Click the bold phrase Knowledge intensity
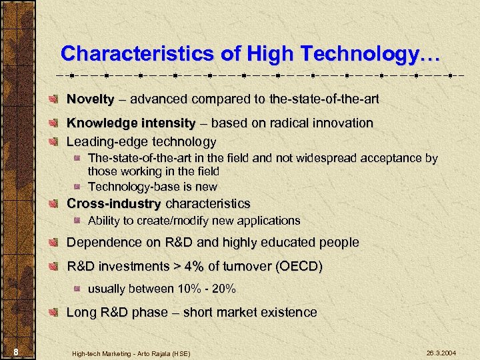pyautogui.click(x=131, y=123)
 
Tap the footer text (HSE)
pyautogui.click(x=178, y=352)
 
